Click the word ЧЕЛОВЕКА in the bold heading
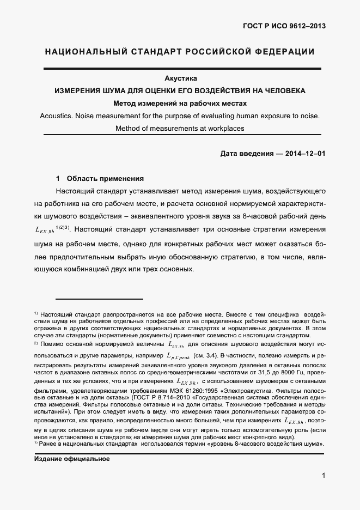(280, 90)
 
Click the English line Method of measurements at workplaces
(180, 129)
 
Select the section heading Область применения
(105, 178)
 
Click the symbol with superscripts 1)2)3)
(53, 230)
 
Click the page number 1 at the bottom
(324, 476)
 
